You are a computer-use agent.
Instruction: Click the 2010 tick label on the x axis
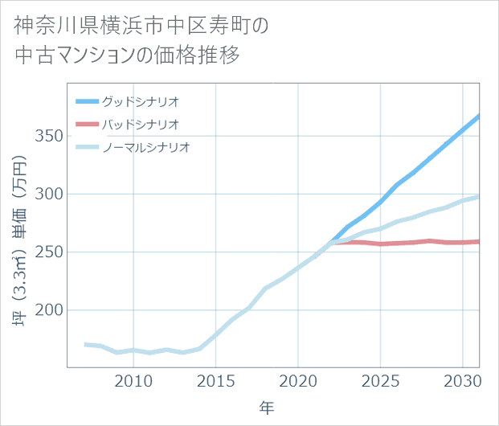coord(133,380)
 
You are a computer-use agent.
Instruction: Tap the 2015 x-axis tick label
coord(215,380)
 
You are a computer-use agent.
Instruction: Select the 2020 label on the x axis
coord(298,380)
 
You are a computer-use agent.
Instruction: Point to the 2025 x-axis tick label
coord(380,380)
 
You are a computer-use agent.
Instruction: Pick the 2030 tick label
coord(462,380)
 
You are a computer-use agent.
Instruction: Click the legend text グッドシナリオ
coord(141,102)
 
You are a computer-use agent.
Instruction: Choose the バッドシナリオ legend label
coord(141,125)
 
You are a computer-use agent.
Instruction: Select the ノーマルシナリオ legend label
coord(146,147)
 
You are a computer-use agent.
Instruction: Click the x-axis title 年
coord(267,408)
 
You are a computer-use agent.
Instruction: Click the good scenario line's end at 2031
coord(479,117)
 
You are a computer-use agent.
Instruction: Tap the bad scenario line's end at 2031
coord(479,241)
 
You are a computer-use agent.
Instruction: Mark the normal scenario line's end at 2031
coord(479,196)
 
